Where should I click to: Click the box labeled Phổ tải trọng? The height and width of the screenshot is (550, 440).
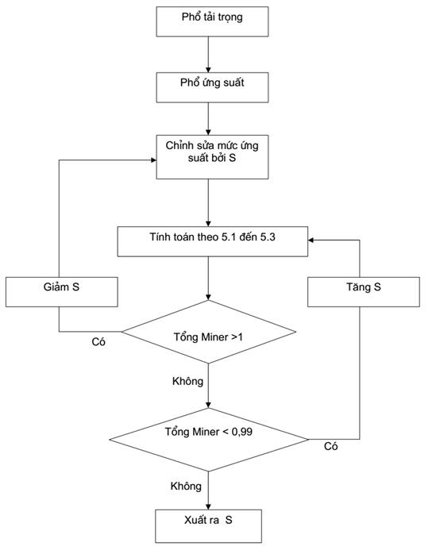point(212,21)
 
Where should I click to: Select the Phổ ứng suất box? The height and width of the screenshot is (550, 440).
point(212,87)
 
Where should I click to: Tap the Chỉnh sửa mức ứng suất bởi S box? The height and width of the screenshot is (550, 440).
point(212,157)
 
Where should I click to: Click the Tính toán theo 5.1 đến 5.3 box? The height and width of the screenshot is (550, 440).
point(212,241)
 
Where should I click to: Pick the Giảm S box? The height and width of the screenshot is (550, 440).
point(61,292)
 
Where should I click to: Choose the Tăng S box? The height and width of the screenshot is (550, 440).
point(364,292)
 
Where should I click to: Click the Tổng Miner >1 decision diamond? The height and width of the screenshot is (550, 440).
point(208,332)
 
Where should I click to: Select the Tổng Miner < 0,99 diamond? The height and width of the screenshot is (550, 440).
point(209,440)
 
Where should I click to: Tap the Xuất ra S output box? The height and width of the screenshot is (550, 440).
point(208,526)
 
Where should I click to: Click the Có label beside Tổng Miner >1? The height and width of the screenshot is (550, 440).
point(98,342)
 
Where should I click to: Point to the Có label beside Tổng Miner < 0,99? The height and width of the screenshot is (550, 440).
point(330,446)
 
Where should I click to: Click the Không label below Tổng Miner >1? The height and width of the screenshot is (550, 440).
point(187,381)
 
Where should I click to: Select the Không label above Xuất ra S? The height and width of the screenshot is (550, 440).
point(186,487)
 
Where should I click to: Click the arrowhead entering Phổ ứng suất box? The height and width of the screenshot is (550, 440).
point(208,70)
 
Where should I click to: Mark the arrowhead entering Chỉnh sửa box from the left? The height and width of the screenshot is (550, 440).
point(153,160)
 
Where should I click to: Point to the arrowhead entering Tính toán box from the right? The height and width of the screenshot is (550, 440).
point(311,240)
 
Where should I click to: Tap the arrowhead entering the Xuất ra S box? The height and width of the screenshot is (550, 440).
point(208,507)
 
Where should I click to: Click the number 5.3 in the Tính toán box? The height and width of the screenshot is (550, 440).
point(268,237)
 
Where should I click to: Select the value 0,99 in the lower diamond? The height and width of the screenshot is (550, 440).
point(242,432)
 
